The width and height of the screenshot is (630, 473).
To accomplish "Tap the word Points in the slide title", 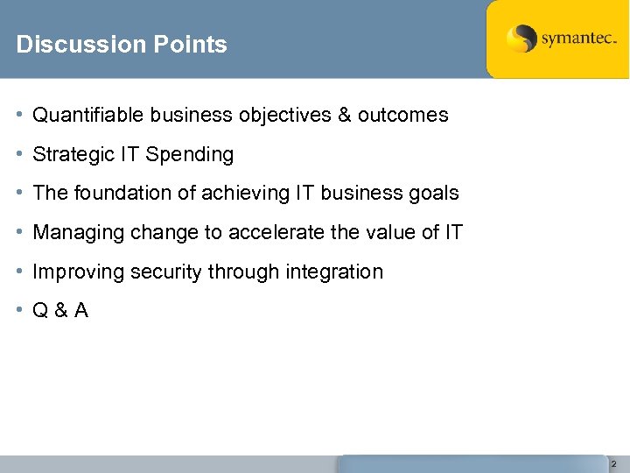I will pos(185,45).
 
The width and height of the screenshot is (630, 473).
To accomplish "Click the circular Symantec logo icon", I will pos(521,39).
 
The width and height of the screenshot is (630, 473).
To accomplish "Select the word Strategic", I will pos(66,154).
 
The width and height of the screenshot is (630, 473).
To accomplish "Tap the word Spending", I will pos(190,155).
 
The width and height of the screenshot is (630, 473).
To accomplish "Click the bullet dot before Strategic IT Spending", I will pos(20,154).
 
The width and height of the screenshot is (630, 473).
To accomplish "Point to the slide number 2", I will pos(613,463).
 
